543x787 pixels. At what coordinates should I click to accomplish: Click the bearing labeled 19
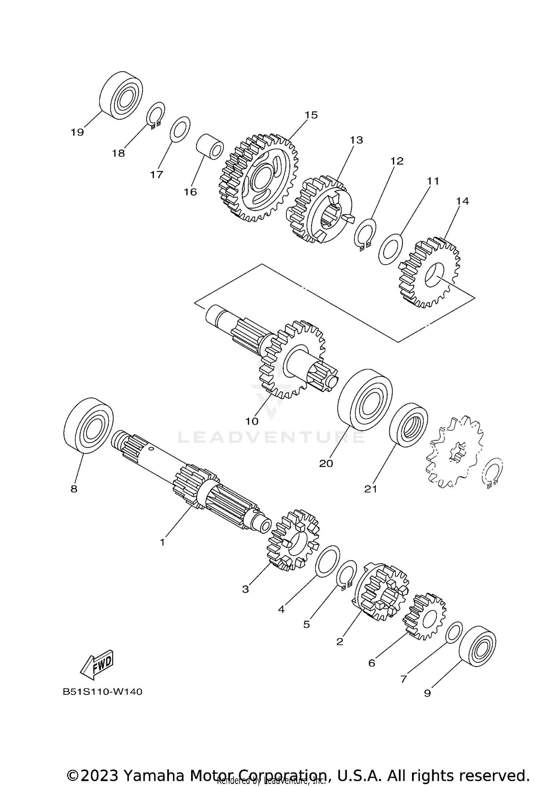(x=121, y=96)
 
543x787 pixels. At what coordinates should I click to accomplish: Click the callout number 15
(x=311, y=115)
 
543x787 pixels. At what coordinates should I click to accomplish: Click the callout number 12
(x=397, y=161)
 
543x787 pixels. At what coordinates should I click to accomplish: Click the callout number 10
(x=252, y=421)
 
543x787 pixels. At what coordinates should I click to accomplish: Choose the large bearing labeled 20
(x=365, y=399)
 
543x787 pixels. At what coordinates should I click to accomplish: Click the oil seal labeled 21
(x=408, y=425)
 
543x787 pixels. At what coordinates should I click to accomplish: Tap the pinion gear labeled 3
(x=293, y=541)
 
